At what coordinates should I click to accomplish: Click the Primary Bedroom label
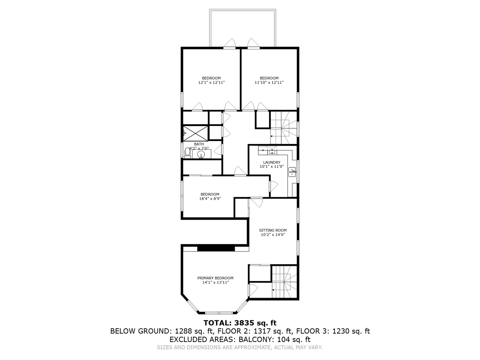tap(215, 278)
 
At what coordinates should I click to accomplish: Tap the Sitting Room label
tap(273, 230)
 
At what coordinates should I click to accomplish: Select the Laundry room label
tap(272, 162)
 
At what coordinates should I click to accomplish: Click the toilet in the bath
tap(187, 153)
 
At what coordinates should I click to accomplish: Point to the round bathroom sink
tap(201, 154)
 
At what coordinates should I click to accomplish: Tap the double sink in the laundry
tap(292, 172)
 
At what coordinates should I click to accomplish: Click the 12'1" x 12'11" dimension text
tap(212, 82)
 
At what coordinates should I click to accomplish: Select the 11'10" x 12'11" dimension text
tap(269, 82)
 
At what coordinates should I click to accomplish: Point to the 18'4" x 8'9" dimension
tap(210, 199)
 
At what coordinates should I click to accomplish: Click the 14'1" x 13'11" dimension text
tap(215, 282)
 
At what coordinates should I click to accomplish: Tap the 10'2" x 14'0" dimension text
tap(273, 235)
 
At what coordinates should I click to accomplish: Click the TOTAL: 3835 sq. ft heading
tap(240, 323)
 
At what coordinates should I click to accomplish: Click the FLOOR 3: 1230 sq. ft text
tap(333, 331)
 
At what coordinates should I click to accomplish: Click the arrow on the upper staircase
tap(271, 136)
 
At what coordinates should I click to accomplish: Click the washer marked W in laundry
tap(272, 151)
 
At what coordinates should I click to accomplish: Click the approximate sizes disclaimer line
tap(240, 347)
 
